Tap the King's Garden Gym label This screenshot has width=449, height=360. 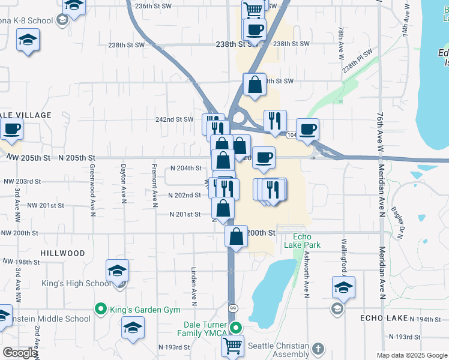click(x=145, y=310)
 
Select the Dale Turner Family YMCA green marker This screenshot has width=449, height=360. click(x=237, y=328)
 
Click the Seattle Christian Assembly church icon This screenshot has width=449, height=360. click(x=318, y=348)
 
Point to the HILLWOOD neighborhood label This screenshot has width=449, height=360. click(x=62, y=253)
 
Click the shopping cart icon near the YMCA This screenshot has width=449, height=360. click(x=232, y=345)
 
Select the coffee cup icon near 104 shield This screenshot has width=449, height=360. click(x=307, y=129)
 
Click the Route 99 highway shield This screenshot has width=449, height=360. click(x=233, y=308)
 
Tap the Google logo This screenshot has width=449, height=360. click(x=20, y=353)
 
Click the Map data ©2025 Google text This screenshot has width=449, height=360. click(x=412, y=355)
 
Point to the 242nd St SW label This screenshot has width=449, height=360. click(x=174, y=119)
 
